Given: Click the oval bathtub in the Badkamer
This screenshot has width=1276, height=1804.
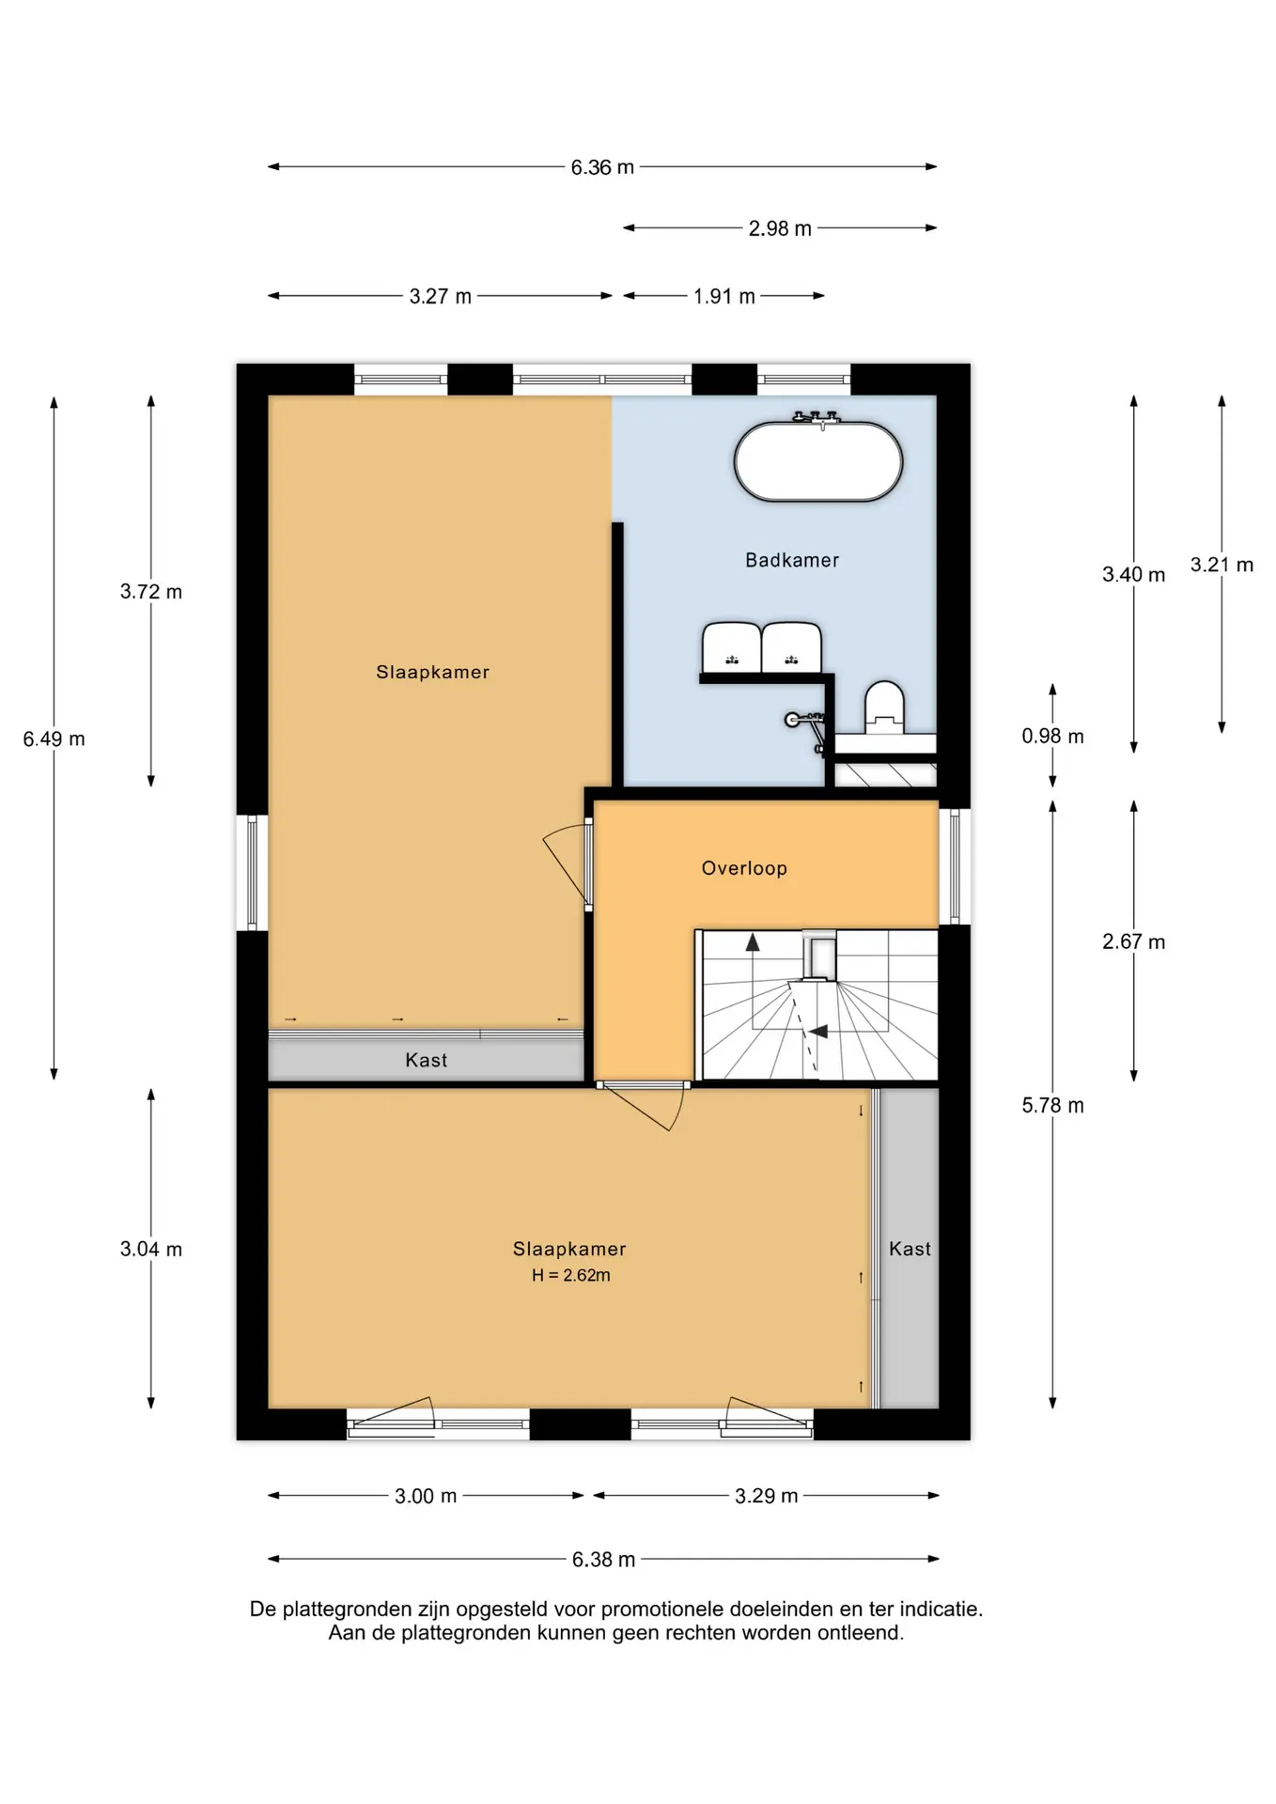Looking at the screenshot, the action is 817,461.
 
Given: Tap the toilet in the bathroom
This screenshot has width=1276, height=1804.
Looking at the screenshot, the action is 884,707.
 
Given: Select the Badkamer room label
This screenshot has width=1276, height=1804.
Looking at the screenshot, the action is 792,560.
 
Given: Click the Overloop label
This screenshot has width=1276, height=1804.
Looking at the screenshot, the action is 744,868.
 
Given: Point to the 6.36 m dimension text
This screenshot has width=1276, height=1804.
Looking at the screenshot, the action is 602,167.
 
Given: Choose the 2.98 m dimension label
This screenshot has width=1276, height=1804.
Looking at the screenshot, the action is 780,228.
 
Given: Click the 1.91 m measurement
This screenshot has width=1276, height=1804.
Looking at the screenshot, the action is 724,297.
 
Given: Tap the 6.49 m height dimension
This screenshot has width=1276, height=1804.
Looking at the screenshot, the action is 54,739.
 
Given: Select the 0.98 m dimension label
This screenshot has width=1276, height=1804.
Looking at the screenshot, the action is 1052,737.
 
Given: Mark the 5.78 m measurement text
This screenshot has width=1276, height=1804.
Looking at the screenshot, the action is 1052,1106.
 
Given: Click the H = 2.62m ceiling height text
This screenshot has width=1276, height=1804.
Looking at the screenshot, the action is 571,1275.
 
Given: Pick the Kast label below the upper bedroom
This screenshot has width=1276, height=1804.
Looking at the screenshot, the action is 426,1060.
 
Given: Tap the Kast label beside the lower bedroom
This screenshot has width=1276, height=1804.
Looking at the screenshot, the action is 910,1249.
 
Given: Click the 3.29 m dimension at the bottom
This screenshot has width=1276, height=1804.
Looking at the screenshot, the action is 766,1496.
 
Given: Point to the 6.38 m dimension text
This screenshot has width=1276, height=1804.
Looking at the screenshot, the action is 603,1560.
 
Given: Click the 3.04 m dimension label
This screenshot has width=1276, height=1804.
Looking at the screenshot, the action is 150,1250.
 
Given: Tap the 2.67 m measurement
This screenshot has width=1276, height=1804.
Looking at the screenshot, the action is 1133,942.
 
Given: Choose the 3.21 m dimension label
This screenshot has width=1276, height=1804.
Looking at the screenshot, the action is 1222,565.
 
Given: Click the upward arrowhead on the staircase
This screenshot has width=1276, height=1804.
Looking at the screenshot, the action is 752,941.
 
